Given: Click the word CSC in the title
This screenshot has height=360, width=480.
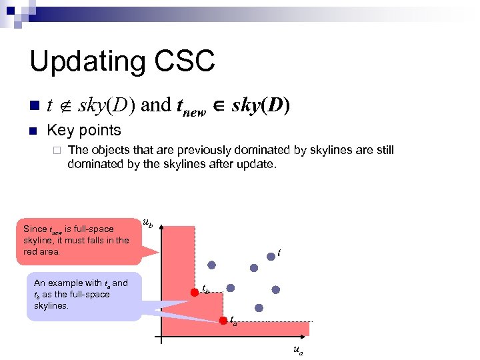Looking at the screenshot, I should click(187, 61).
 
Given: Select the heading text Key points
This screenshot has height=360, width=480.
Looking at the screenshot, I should click(84, 130).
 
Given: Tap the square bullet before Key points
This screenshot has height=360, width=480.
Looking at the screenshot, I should click(34, 131).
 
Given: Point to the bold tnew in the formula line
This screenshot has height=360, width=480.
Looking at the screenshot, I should click(189, 106).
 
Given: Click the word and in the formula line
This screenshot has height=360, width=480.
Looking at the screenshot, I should click(156, 105).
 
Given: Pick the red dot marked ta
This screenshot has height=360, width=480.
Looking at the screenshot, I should click(223, 321).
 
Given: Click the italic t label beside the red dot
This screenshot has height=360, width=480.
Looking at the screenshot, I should click(279, 253).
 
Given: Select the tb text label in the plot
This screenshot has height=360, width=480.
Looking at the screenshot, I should click(205, 290).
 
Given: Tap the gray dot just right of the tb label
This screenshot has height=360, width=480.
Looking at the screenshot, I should click(231, 288).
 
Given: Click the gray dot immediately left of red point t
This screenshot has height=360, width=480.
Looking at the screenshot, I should click(253, 267).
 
